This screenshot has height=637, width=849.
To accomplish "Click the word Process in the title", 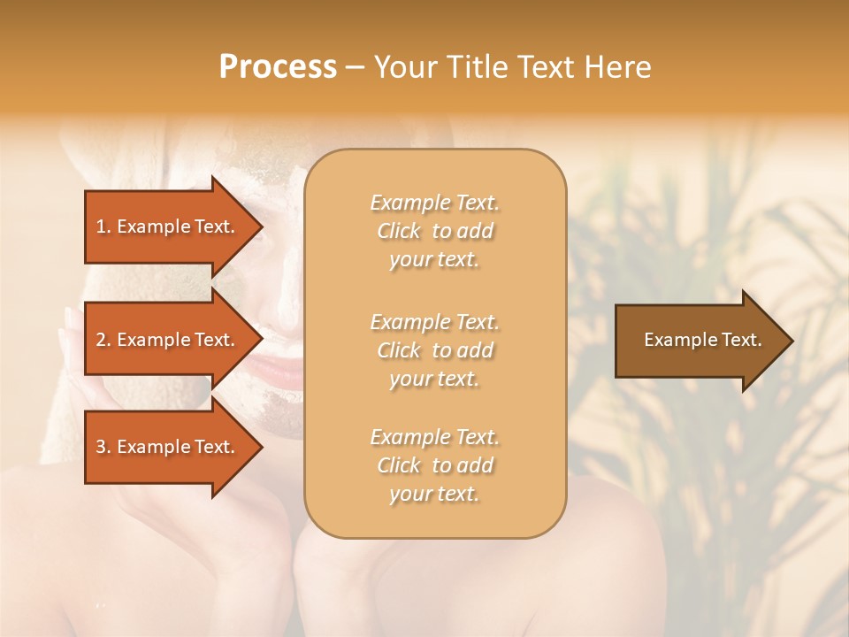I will click(278, 67).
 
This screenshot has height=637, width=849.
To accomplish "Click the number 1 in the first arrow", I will click(100, 226).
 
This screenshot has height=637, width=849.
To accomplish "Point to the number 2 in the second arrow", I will click(101, 340).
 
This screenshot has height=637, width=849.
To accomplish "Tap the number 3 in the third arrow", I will click(101, 447).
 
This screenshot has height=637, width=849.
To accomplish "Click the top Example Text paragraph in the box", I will click(434, 231).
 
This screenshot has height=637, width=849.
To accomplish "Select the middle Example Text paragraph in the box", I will click(434, 350).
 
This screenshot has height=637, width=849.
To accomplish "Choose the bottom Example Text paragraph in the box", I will click(434, 465).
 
